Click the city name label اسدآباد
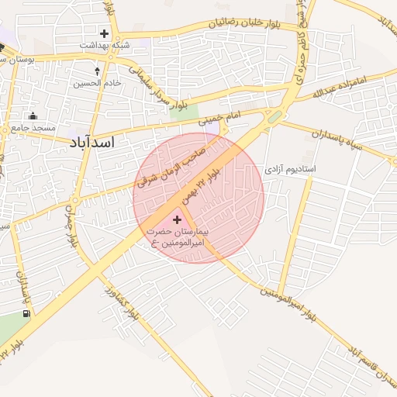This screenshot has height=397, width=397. click(92, 143)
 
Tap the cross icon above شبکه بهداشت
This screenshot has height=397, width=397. click(105, 34)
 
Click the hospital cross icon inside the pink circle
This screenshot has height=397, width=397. click(178, 220)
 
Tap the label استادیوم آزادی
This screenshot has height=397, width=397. click(292, 167)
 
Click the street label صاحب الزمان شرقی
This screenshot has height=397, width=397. click(171, 161)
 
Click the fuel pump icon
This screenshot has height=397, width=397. click(28, 313)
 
